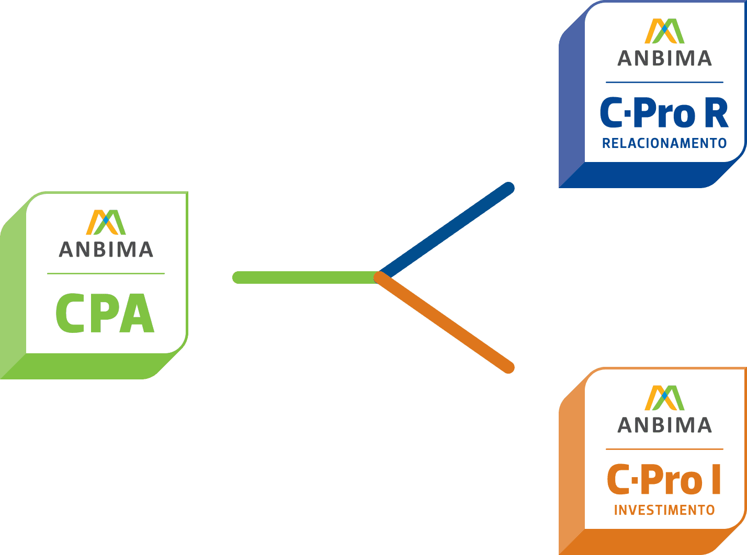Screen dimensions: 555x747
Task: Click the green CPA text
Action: pos(105,314)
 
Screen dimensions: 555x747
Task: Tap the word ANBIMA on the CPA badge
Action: pos(106,249)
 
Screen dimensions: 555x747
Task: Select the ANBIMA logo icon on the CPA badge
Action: pos(106,222)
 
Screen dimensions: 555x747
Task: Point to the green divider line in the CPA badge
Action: pos(106,273)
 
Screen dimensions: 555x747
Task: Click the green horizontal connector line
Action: pos(303,277)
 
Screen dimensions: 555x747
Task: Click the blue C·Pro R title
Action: pos(664,114)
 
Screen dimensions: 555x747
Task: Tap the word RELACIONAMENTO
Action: pos(664,143)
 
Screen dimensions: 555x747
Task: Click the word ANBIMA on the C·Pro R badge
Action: pos(664,58)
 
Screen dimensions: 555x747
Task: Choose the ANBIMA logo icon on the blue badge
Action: pos(664,31)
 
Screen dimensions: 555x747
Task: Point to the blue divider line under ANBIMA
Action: pos(664,82)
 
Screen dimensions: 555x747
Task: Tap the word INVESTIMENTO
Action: pos(664,510)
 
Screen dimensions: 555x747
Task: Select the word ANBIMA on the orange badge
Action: pos(664,425)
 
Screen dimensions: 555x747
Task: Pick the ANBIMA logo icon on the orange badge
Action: pos(664,398)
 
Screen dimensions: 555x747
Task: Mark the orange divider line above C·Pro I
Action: pos(664,449)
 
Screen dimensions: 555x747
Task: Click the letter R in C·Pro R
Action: pos(716,114)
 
